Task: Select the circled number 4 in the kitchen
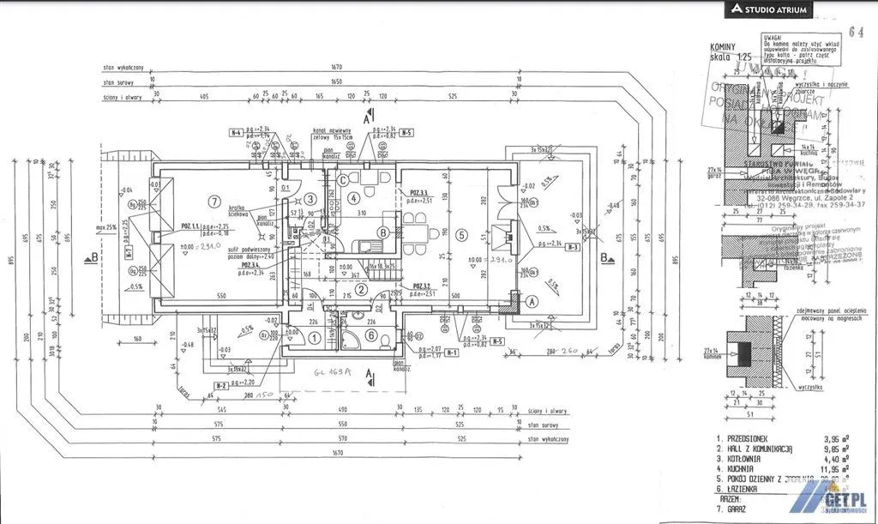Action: pos(355,198)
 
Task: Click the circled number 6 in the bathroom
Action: pos(371,335)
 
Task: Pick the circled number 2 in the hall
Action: pos(363,289)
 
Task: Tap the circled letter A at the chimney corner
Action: pos(531,301)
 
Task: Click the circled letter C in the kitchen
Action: pos(343,180)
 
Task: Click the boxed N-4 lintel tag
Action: pos(236,133)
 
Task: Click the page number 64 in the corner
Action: pos(855,32)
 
